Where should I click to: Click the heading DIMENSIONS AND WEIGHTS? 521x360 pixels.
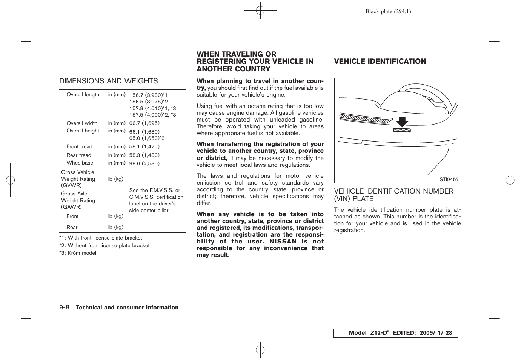click(x=108, y=81)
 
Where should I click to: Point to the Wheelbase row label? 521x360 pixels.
click(x=80, y=163)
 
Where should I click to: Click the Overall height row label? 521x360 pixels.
click(x=83, y=131)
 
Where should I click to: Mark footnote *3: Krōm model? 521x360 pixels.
click(x=78, y=253)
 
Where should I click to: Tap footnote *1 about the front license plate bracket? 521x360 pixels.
click(x=100, y=238)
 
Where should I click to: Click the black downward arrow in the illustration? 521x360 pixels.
click(x=402, y=122)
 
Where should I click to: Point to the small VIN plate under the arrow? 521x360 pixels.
click(x=402, y=130)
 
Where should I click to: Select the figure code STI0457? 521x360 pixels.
click(x=449, y=180)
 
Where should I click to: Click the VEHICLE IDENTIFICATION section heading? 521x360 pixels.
click(x=380, y=62)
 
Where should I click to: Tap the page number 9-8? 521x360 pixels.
click(x=64, y=308)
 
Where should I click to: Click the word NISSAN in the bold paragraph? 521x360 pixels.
click(x=283, y=242)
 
